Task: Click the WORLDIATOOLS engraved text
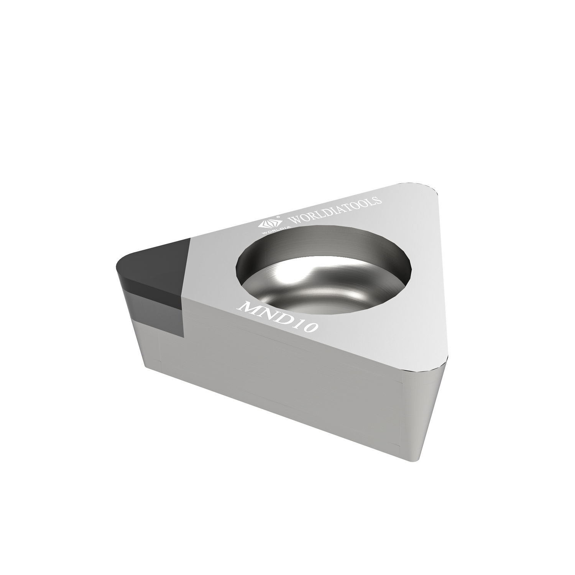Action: [x=333, y=210]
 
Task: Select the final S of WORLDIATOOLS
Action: [x=378, y=200]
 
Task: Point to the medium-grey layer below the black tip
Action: [x=153, y=310]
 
